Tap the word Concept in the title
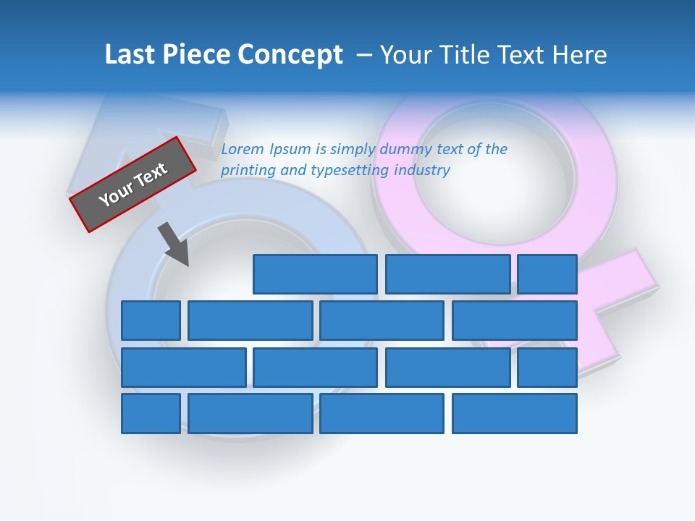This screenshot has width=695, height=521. coord(291,54)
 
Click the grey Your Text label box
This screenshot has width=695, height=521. coord(133,184)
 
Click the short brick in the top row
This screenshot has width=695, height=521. coord(547,274)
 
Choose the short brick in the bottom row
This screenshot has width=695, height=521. coord(151,413)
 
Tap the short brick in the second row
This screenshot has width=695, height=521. coord(151,321)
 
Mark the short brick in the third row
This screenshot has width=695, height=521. coord(547,367)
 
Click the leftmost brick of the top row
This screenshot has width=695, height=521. coord(315,274)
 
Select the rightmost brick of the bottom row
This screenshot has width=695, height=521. coord(515,413)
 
